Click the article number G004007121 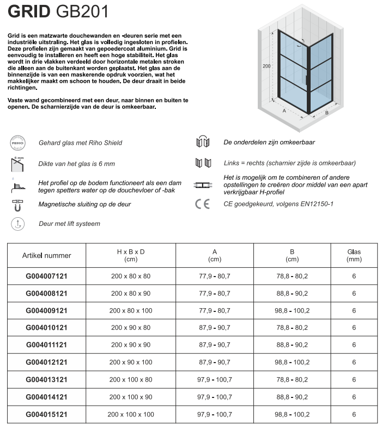[47, 277]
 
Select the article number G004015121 [47, 415]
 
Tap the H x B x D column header [131, 255]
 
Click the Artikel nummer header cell [47, 255]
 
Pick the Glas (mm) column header [354, 255]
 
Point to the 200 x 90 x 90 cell [131, 345]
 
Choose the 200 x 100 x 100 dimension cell [131, 415]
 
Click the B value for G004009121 [292, 311]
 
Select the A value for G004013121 [215, 380]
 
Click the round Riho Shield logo [18, 143]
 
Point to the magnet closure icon [18, 205]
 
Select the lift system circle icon [18, 223]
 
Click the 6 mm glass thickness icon [18, 163]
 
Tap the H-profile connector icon [203, 185]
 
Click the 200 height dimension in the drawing [266, 66]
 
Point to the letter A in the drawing [284, 110]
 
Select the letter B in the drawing [326, 113]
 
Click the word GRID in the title [28, 12]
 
